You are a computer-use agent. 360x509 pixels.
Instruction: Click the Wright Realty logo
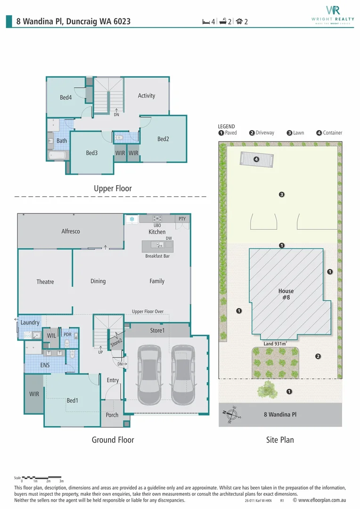click(333, 15)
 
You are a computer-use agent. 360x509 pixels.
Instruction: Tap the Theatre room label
click(45, 282)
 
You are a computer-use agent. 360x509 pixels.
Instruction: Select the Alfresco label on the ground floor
click(70, 231)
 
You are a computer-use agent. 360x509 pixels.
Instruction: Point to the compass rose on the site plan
click(232, 415)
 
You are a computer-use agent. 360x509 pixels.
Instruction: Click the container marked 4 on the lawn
click(256, 159)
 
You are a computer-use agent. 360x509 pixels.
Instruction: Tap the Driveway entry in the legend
click(262, 133)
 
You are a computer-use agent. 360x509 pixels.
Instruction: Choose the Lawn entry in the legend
click(295, 133)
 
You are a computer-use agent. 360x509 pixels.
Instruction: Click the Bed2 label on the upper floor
click(163, 139)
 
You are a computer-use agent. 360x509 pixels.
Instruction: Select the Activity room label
click(147, 96)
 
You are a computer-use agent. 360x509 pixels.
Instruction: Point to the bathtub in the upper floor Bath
click(57, 156)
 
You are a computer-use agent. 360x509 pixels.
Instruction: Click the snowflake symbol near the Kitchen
click(132, 219)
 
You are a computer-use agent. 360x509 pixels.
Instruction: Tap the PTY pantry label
click(182, 219)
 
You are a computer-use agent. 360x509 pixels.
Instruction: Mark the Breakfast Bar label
click(157, 256)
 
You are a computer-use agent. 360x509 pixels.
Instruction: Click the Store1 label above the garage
click(157, 330)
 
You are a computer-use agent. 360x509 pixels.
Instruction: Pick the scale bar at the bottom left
click(41, 478)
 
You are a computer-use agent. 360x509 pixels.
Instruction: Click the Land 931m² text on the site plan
click(275, 344)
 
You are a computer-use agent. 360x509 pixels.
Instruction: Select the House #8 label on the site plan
click(286, 294)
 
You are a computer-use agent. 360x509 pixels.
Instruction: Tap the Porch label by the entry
click(112, 415)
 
